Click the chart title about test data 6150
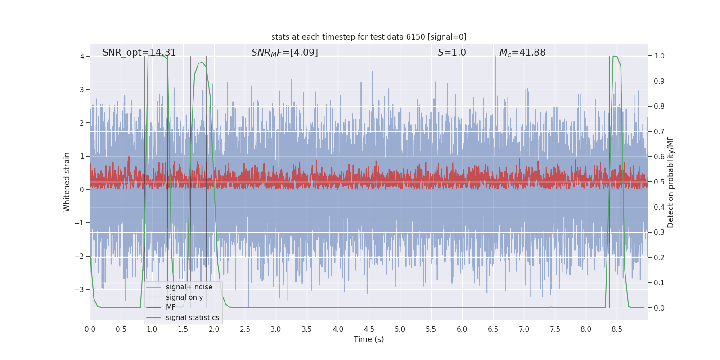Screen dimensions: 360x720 369,37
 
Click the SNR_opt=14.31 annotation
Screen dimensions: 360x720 139,53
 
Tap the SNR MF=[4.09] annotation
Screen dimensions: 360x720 284,53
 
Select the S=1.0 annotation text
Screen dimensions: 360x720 452,53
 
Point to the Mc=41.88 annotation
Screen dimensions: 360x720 522,53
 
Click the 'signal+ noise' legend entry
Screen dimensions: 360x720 189,287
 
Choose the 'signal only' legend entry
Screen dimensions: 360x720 184,297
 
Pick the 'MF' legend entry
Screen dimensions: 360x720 171,307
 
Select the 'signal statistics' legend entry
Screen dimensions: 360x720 192,318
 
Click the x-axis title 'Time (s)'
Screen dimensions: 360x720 369,339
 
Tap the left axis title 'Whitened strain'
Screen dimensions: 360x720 67,182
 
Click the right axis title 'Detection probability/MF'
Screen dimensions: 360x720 670,182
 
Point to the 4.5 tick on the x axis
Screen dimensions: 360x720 369,329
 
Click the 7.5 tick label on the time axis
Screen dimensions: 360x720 555,329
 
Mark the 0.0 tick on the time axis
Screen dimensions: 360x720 90,329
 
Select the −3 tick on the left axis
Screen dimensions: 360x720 79,289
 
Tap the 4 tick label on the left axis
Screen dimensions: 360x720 82,56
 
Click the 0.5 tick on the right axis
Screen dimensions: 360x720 659,182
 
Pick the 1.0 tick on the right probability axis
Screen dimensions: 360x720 659,56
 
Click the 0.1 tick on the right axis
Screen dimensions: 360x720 659,283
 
